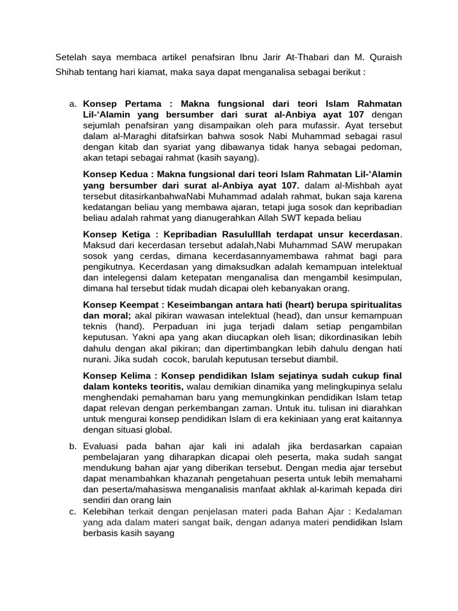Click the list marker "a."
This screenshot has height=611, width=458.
click(x=73, y=104)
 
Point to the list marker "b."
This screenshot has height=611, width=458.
click(x=73, y=446)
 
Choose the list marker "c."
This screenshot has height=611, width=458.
click(x=73, y=512)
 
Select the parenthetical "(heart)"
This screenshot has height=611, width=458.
click(x=302, y=304)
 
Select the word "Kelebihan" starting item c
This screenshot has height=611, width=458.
click(x=104, y=512)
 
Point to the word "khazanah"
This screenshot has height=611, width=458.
click(x=200, y=479)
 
